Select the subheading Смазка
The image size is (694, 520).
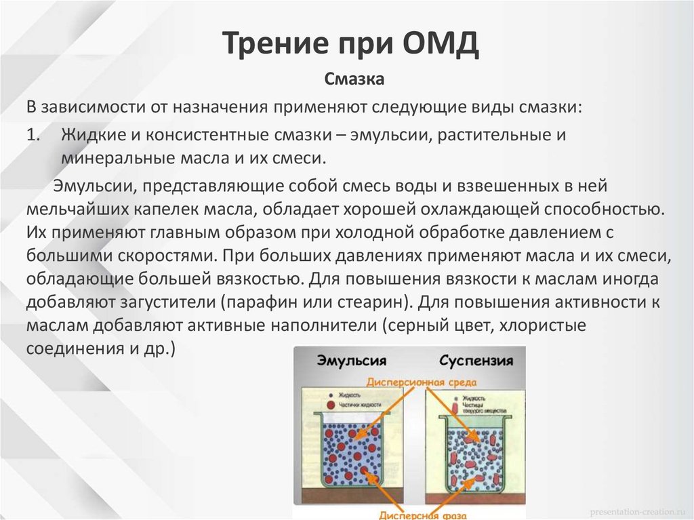pos(354,81)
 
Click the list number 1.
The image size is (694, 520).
pos(34,134)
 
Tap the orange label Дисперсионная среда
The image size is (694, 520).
pos(422,382)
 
